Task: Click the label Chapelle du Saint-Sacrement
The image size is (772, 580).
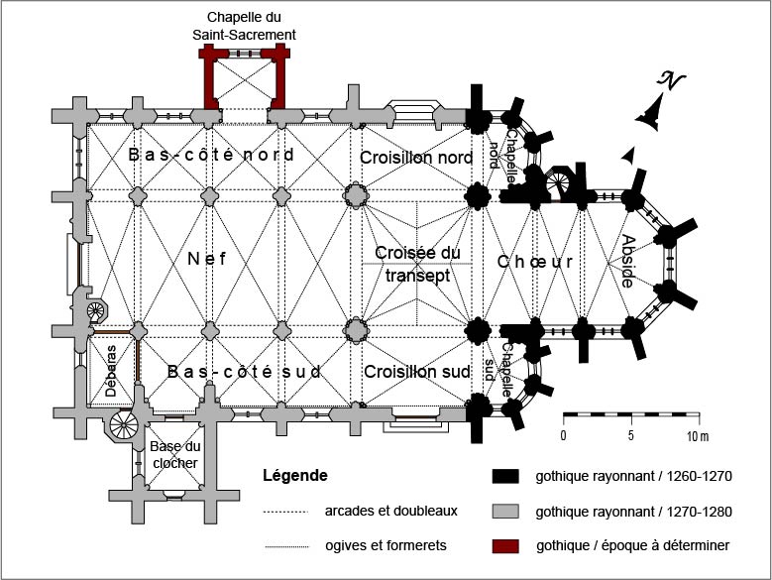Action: (244, 26)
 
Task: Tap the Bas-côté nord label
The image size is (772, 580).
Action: (211, 156)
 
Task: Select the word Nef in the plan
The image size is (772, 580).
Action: (207, 259)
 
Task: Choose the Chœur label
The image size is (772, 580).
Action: (535, 262)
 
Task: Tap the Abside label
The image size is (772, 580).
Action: (627, 261)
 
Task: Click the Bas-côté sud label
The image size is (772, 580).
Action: (244, 372)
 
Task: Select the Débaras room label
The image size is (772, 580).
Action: (111, 374)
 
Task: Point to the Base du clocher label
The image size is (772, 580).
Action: (174, 455)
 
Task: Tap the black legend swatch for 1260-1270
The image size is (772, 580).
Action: (505, 476)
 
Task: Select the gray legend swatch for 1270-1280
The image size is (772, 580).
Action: (505, 512)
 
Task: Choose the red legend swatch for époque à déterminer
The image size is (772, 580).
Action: (505, 546)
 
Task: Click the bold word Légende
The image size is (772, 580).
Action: (295, 476)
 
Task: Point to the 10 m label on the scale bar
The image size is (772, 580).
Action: (699, 435)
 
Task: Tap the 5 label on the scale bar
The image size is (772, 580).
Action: (631, 435)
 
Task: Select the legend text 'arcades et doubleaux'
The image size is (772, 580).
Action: (390, 512)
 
